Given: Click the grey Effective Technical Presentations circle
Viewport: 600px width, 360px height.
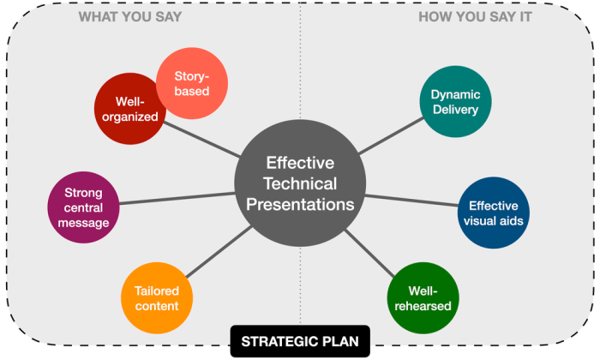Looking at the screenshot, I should tap(299, 183).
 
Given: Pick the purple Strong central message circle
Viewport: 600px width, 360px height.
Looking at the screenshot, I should tap(82, 208).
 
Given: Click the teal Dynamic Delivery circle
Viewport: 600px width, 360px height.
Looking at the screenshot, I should tap(455, 101).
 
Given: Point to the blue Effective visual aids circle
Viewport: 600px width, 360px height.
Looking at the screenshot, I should tap(493, 213).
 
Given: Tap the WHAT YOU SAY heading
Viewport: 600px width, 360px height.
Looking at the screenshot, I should tap(129, 16).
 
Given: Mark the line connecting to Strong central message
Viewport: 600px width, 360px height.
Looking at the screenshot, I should tap(176, 199).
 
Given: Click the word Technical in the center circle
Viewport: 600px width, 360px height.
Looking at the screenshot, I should tap(299, 183).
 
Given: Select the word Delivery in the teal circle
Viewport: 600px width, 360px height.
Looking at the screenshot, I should tap(456, 109).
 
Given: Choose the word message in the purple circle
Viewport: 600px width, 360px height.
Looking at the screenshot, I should tap(83, 223).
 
